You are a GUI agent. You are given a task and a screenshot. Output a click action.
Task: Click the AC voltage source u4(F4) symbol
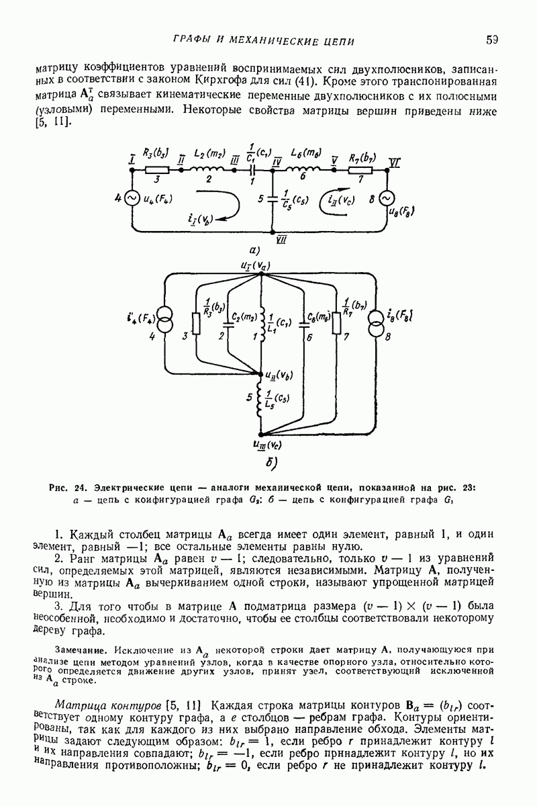(x=132, y=198)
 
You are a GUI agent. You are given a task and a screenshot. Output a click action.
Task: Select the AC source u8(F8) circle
(x=387, y=199)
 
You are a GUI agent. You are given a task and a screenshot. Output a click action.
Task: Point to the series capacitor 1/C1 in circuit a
(x=251, y=171)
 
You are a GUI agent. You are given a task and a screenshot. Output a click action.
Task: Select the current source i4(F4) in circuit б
(x=164, y=321)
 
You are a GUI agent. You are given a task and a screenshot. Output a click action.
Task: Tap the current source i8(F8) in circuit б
(x=373, y=321)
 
